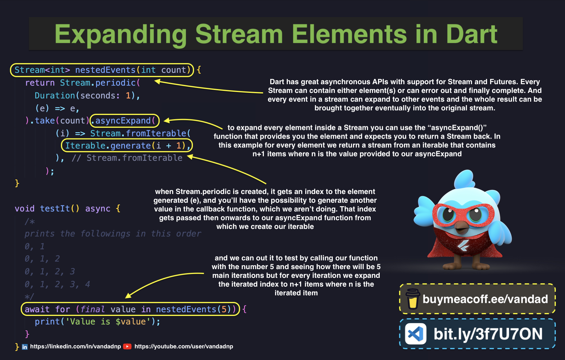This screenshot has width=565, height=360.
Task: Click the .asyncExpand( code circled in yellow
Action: pyautogui.click(x=125, y=121)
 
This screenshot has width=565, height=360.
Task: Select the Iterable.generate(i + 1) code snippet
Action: pyautogui.click(x=127, y=145)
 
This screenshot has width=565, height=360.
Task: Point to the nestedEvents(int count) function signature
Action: pyautogui.click(x=102, y=70)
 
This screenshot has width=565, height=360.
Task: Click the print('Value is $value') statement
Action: pyautogui.click(x=97, y=322)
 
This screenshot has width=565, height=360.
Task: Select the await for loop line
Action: pyautogui.click(x=130, y=309)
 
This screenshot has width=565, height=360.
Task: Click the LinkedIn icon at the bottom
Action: pyautogui.click(x=25, y=347)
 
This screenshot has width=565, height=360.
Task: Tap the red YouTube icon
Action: pyautogui.click(x=127, y=346)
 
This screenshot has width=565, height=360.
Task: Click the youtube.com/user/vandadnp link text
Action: pyautogui.click(x=183, y=346)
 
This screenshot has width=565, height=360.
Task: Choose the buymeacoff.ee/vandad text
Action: pyautogui.click(x=485, y=299)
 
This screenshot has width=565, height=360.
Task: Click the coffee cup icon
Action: pyautogui.click(x=413, y=299)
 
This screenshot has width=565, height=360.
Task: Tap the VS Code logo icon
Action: pyautogui.click(x=416, y=334)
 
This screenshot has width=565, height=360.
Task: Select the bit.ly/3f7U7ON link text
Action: pyautogui.click(x=488, y=334)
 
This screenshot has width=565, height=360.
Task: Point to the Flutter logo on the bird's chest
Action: pyautogui.click(x=463, y=246)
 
